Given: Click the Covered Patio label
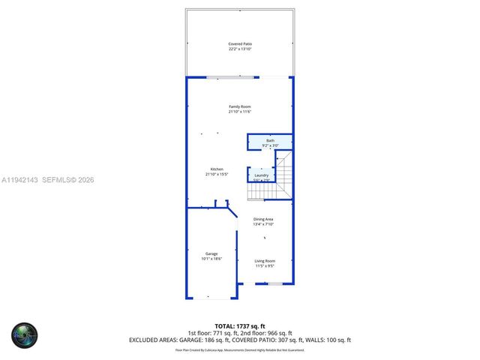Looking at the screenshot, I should pos(240,44).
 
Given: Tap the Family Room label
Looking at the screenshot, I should pos(240,107).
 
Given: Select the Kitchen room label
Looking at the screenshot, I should pos(217,169).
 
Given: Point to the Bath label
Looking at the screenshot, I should pos(270,141).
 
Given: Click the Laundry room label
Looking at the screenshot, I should pos(261,175).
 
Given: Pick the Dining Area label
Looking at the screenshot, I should pos(263,219).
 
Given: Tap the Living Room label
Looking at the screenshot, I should pos(265,261).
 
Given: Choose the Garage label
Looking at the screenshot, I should pos(211,253).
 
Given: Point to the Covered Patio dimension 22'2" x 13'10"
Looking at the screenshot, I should pos(240,49).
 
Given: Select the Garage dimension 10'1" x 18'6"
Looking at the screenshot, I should pos(211,259).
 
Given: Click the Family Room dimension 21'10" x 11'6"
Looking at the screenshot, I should pos(240,112).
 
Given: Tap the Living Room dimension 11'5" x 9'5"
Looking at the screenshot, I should pos(265,266).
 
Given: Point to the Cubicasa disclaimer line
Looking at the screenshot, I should pos(240,349).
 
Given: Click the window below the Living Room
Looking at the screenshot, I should pos(275,283).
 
